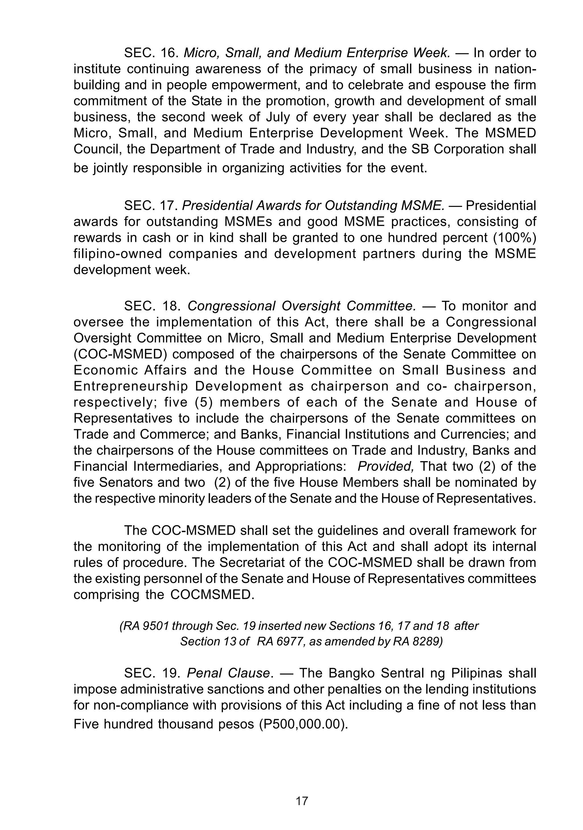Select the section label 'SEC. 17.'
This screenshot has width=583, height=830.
(x=151, y=206)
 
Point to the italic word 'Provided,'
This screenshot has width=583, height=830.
(x=385, y=467)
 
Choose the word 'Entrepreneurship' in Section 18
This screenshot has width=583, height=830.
(x=131, y=386)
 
